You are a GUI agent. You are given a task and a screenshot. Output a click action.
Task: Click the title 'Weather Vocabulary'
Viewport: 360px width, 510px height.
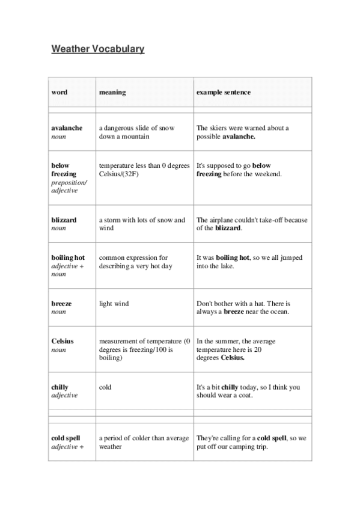tap(98, 49)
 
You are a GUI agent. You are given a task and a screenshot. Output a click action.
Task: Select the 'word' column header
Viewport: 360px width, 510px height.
tap(59, 93)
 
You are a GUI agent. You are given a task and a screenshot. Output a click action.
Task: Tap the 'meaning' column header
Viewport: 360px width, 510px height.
tap(112, 93)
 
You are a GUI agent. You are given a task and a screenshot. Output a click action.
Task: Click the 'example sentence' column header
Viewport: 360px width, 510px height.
tap(224, 93)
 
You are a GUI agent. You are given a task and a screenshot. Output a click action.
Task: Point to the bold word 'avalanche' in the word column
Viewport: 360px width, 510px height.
tap(67, 128)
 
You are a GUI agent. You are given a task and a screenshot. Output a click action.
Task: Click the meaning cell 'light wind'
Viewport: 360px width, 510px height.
tap(114, 304)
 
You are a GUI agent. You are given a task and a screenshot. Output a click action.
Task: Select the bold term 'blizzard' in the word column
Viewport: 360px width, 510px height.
tap(64, 220)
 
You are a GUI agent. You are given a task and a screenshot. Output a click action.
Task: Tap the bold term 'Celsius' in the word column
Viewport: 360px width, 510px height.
tap(63, 341)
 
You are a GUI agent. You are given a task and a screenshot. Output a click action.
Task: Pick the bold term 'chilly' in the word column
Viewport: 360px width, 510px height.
tap(60, 387)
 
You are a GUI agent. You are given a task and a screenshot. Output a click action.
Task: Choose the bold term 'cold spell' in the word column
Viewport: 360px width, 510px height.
tap(66, 438)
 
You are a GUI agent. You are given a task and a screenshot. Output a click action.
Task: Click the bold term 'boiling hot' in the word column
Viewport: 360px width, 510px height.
tap(68, 257)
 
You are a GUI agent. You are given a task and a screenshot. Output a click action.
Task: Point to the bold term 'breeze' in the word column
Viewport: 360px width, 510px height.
tap(61, 304)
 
